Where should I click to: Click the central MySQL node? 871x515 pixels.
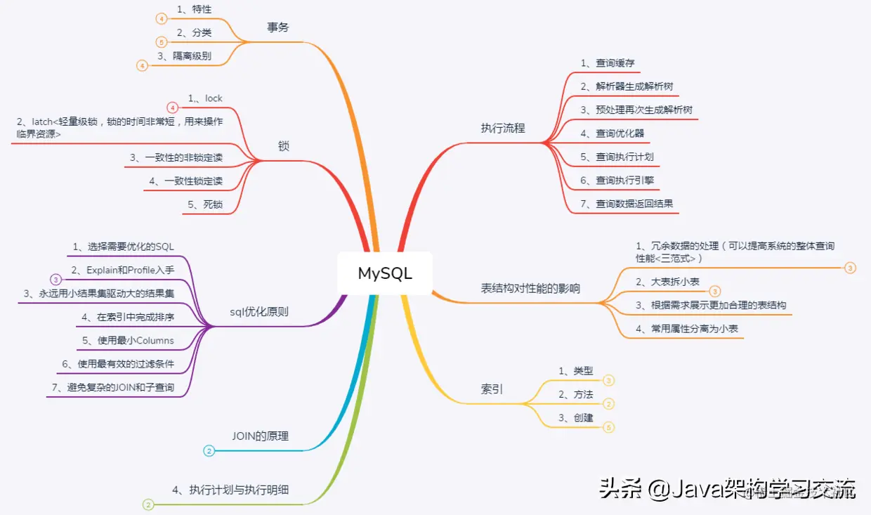coord(385,273)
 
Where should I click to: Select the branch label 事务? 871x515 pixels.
coord(278,27)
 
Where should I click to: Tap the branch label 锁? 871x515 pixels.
coord(284,146)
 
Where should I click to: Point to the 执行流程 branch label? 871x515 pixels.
coord(503,129)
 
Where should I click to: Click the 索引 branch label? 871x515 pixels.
coord(492,389)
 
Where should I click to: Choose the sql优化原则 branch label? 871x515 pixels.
coord(259,312)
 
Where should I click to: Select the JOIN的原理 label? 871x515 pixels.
coord(260,436)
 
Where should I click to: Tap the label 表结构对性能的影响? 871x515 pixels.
coord(530,289)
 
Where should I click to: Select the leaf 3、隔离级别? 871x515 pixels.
coord(184,56)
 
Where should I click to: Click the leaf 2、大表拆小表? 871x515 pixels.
coord(667,282)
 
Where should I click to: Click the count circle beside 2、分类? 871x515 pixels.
coord(162,41)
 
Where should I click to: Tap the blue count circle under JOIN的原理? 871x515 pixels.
coord(209,451)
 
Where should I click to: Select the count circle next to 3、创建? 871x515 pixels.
coord(609,426)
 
